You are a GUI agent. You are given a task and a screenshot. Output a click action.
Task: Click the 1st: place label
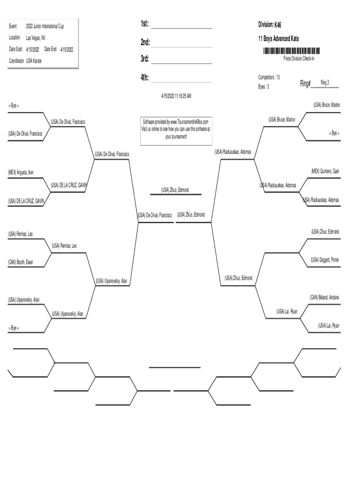[144, 24]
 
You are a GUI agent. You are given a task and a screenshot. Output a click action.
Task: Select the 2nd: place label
[145, 43]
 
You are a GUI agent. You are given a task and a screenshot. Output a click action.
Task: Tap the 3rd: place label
[145, 59]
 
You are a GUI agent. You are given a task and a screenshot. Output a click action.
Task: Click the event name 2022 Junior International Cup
[45, 26]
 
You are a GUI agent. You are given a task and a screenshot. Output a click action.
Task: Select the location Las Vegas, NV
[36, 37]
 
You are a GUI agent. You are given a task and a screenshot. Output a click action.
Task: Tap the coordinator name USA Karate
[34, 60]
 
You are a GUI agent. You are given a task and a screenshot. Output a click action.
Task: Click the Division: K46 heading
[270, 24]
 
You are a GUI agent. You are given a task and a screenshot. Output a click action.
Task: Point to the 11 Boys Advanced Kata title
[278, 38]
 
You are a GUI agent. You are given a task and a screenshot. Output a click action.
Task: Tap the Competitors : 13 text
[269, 77]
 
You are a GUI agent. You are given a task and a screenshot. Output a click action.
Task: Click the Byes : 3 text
[264, 87]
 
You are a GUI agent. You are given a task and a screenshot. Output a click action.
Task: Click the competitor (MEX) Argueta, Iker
[21, 172]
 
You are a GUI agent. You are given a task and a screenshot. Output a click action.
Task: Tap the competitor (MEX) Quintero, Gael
[325, 171]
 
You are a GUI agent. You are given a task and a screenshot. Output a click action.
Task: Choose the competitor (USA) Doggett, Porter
[325, 260]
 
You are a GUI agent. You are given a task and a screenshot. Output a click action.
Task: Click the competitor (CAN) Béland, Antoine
[324, 298]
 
